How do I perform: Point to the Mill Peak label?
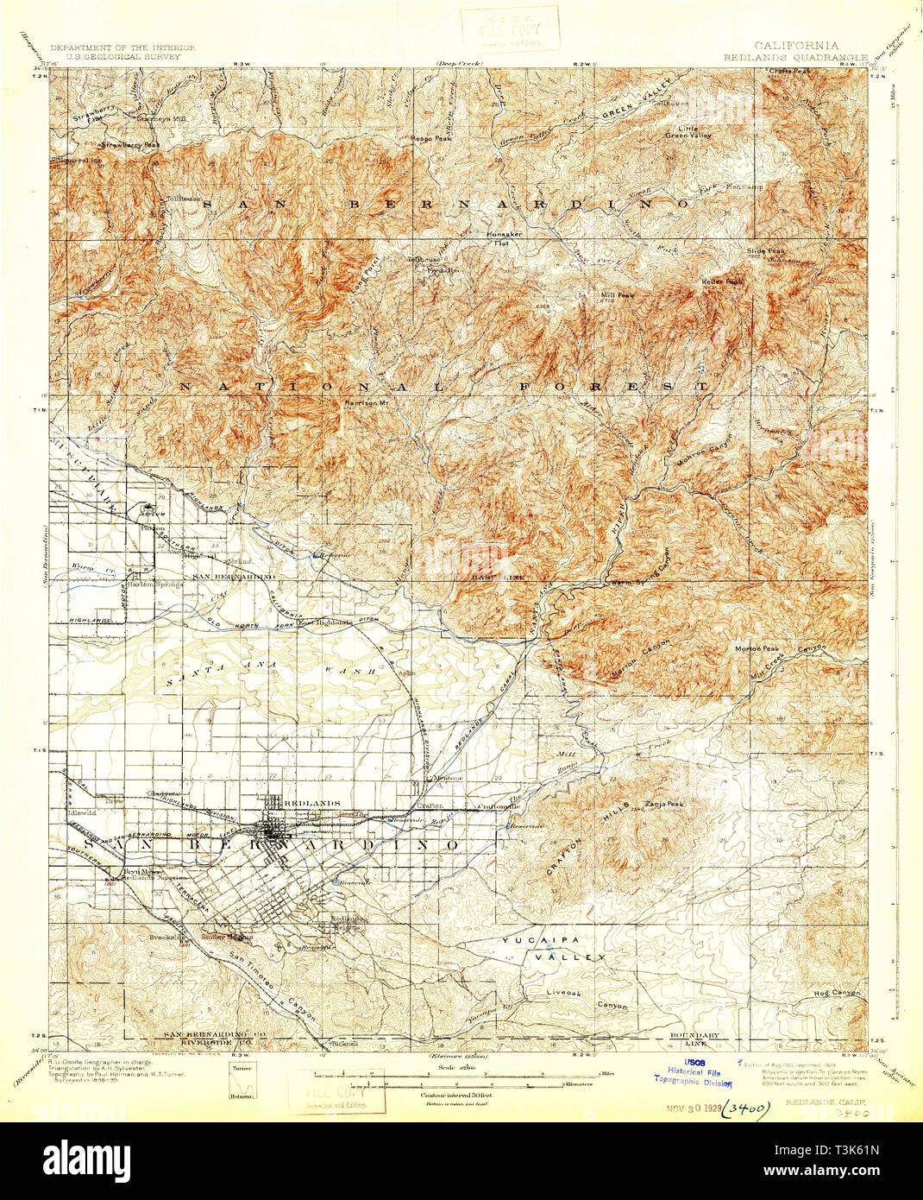[617, 294]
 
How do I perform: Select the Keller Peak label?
[722, 281]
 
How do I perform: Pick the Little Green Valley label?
[688, 131]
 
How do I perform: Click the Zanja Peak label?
[663, 805]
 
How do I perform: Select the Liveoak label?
[563, 993]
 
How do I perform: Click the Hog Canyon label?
[838, 994]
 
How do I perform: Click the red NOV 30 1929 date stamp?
[692, 1109]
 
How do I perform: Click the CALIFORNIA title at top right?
[795, 45]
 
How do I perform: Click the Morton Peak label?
[757, 648]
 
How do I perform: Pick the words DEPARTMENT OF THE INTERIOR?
[122, 47]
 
